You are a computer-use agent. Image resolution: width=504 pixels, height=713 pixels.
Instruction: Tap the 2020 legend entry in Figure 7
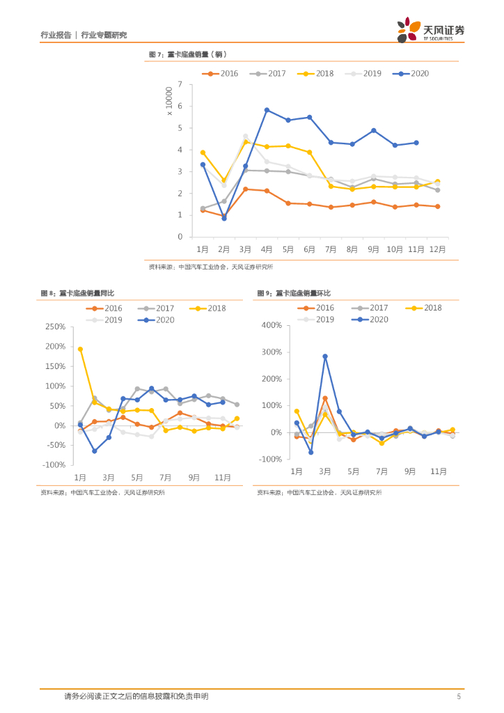point(411,73)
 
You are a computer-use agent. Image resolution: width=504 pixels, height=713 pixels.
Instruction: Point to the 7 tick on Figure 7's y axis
point(180,85)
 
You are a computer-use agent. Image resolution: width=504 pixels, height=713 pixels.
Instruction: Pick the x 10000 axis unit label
point(169,101)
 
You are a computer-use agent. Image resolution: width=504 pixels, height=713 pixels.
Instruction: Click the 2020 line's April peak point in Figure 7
point(267,110)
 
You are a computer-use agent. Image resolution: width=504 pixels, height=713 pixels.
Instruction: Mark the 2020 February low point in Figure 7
point(224,218)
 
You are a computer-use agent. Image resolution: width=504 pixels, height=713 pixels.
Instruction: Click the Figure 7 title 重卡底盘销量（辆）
point(189,54)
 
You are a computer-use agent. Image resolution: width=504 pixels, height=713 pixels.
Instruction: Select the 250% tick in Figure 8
point(55,327)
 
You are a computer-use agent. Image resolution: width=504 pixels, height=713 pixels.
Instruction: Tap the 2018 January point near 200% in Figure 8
point(80,349)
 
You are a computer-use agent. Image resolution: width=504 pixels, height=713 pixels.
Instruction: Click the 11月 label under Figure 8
point(223,477)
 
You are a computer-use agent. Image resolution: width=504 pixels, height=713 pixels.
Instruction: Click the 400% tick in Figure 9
point(270,325)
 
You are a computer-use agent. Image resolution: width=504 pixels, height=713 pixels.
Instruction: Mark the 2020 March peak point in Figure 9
point(325,356)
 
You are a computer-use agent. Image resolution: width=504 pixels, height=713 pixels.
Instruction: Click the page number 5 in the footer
point(458,696)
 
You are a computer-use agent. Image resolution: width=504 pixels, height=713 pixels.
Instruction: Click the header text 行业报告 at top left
point(56,34)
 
